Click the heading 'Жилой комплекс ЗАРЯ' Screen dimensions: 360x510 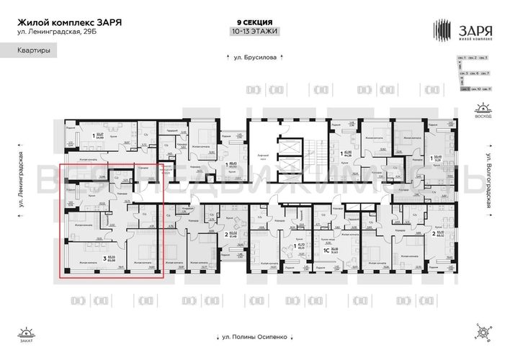click(69, 22)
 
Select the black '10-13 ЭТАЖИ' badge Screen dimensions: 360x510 click(254, 32)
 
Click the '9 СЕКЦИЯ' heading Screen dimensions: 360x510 click(254, 22)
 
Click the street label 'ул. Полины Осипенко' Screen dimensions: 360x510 click(254, 337)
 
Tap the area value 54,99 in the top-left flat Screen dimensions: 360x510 click(101, 137)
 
